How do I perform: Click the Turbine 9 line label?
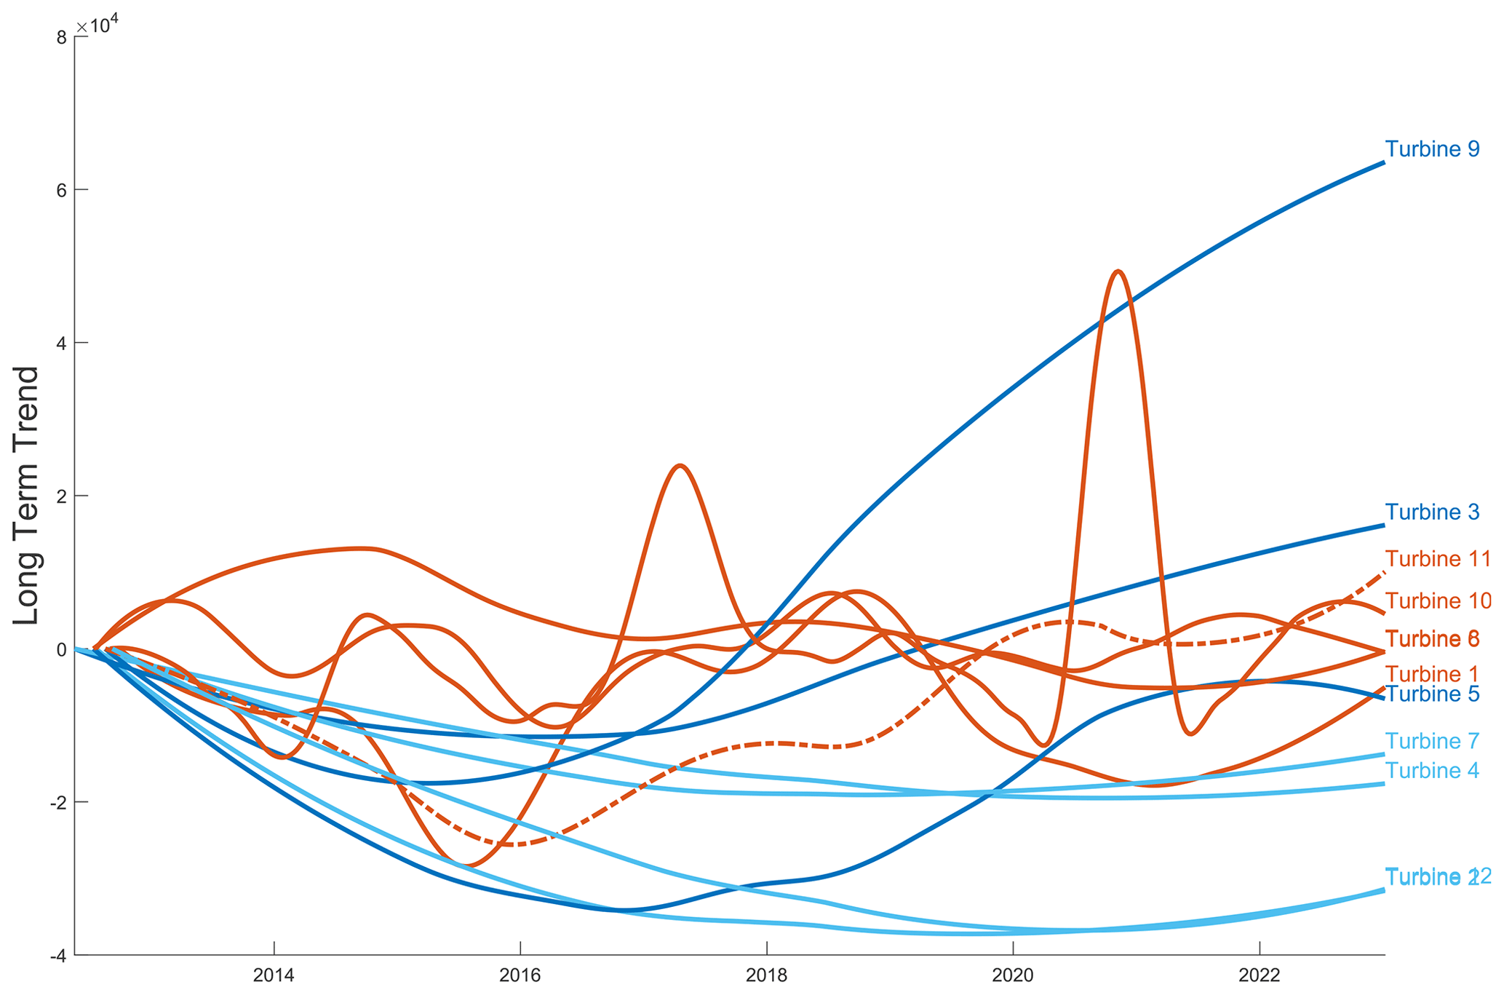pos(1431,149)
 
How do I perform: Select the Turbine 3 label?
pos(1431,512)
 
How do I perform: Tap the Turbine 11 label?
pos(1437,559)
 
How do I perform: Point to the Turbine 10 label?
pos(1437,601)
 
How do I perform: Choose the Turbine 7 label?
pos(1431,742)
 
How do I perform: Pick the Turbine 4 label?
pos(1431,771)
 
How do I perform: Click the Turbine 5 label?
pos(1431,694)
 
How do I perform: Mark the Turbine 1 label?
pos(1431,674)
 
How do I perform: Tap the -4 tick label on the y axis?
pos(58,955)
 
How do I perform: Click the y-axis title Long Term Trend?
pos(26,495)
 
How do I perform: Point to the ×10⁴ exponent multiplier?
pos(98,25)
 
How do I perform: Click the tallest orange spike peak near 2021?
pos(1118,271)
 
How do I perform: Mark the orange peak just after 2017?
pos(680,466)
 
